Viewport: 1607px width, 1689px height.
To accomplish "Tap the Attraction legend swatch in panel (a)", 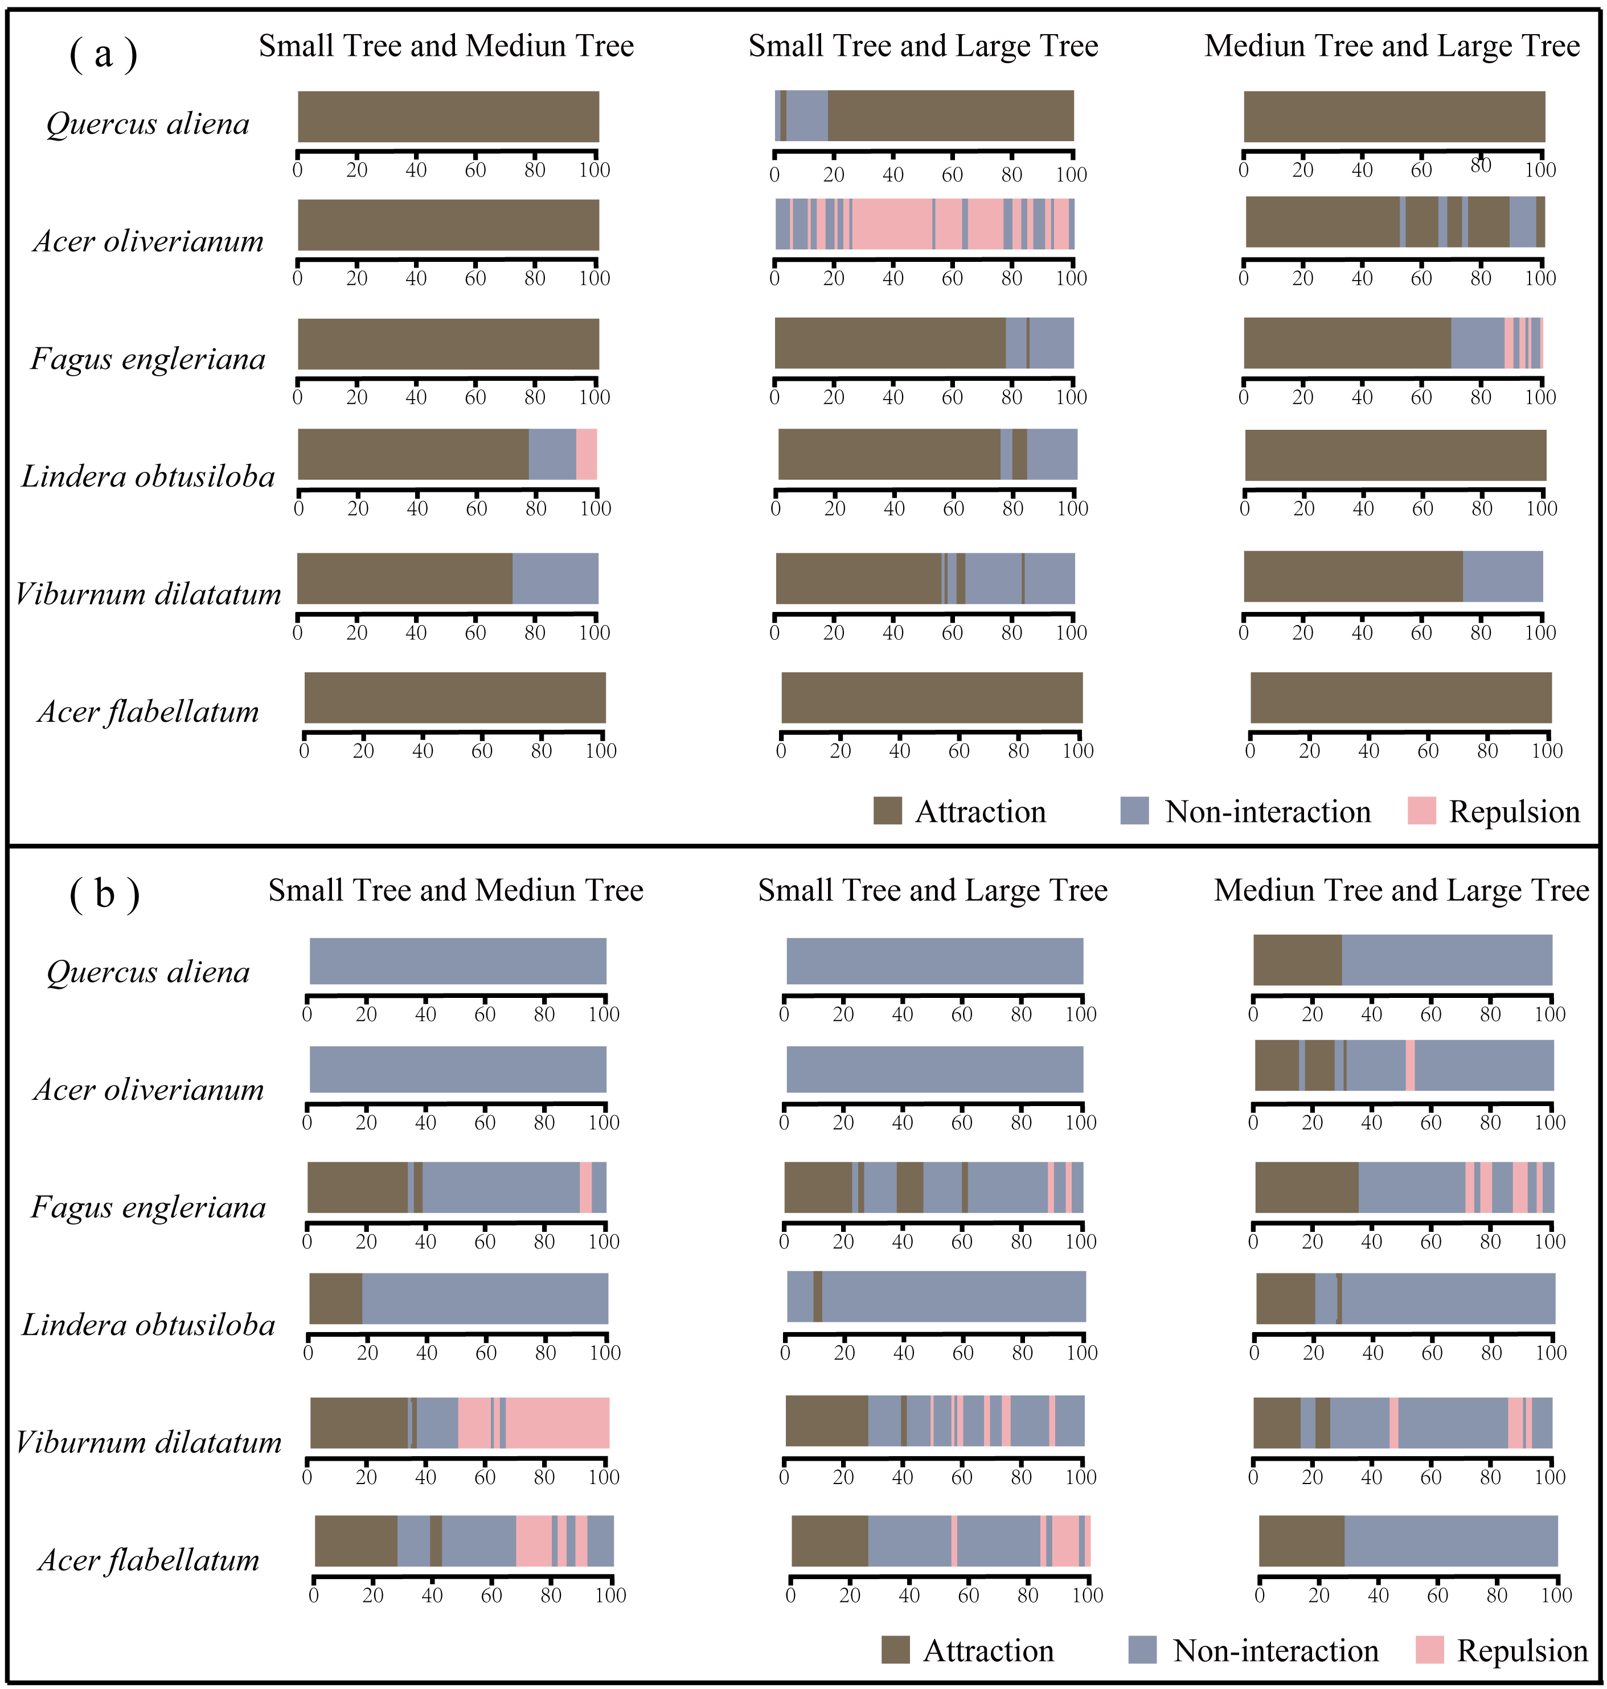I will [887, 810].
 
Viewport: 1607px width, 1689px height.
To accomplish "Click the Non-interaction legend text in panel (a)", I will [1267, 812].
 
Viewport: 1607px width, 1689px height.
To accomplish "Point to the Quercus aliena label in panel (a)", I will [147, 124].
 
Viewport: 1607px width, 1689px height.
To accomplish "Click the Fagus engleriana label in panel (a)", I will [148, 359].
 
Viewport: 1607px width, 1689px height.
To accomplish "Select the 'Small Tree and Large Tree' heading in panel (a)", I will [923, 46].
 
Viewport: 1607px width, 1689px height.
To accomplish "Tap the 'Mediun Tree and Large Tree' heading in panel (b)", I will [1401, 891].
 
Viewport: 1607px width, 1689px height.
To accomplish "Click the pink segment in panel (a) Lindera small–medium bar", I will [586, 454].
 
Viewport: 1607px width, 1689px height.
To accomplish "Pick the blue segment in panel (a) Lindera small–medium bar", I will [552, 454].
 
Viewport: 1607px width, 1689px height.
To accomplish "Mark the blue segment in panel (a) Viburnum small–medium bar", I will [555, 578].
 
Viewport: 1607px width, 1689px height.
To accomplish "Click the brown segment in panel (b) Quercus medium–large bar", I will [1297, 960].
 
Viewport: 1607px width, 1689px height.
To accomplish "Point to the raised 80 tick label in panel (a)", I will [1481, 165].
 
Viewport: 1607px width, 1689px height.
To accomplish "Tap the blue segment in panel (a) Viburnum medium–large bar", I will [1502, 577].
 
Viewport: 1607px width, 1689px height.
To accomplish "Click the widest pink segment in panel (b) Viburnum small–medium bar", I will [557, 1423].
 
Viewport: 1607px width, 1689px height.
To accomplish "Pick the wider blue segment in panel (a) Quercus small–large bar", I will [807, 116].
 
